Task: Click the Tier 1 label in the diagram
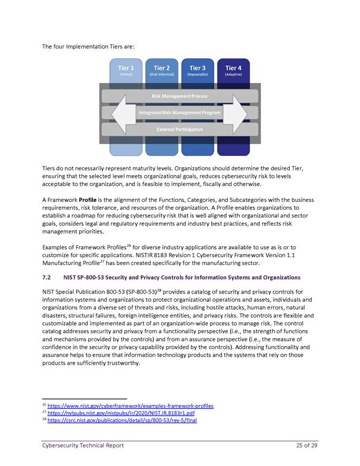[125, 68]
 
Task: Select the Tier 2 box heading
[161, 68]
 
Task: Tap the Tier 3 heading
[197, 68]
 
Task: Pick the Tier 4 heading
[233, 68]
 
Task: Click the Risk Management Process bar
[179, 96]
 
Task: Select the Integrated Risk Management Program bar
[179, 113]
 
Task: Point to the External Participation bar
[179, 130]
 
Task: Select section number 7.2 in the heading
[46, 277]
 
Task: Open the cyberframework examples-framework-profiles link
[130, 406]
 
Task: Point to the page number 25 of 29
[307, 446]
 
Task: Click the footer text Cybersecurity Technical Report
[83, 446]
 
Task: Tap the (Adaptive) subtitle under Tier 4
[233, 74]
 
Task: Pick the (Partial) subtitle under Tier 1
[125, 74]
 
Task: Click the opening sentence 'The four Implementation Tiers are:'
[88, 47]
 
